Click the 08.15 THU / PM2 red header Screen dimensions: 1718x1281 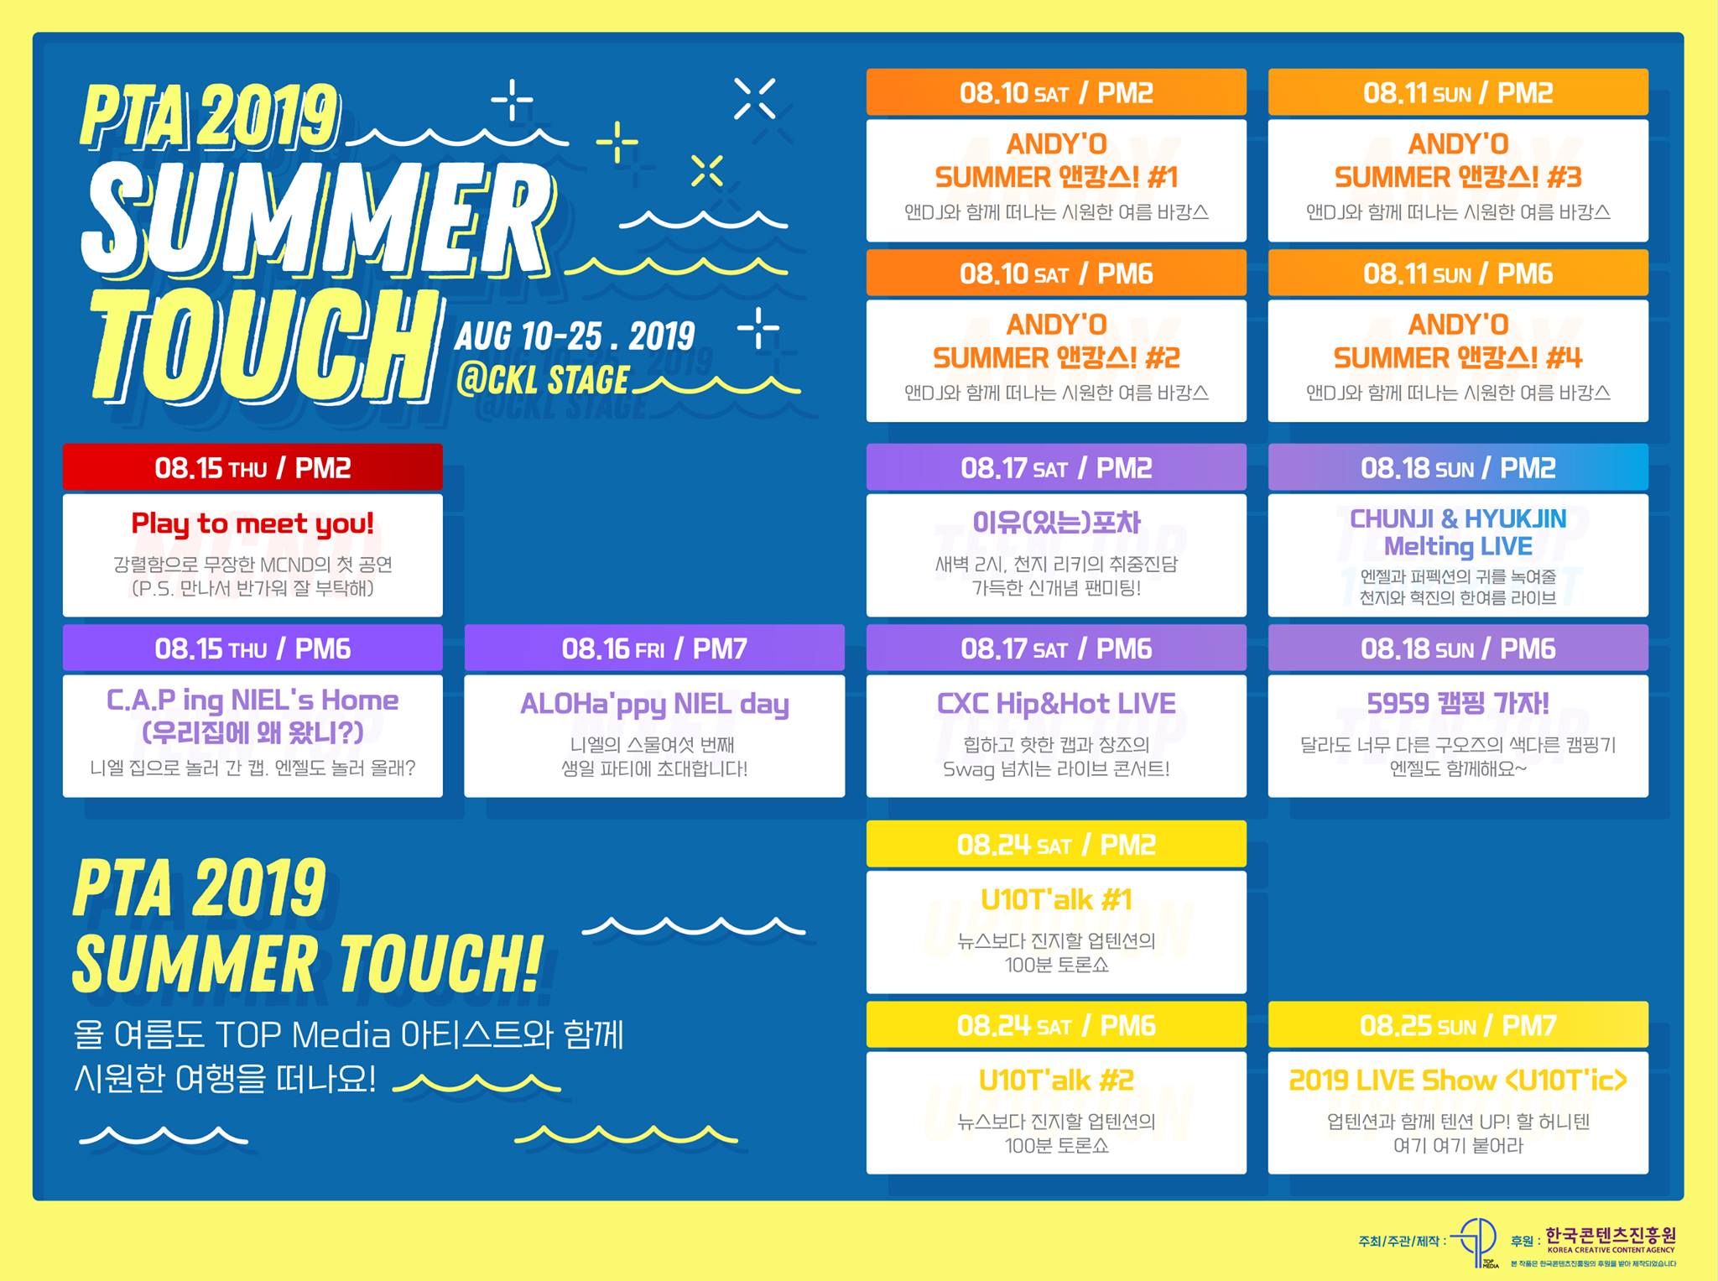[x=252, y=466]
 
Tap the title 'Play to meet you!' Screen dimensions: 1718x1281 [x=252, y=524]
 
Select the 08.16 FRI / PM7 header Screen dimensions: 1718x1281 [x=654, y=648]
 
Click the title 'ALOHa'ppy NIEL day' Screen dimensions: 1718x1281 [x=654, y=705]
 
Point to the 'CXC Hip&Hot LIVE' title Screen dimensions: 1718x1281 [x=1056, y=704]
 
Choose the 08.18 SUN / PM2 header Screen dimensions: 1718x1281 [x=1458, y=466]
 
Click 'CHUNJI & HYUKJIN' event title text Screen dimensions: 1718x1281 [x=1458, y=518]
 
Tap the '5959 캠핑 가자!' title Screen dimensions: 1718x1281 [x=1458, y=703]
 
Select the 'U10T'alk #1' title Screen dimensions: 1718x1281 [x=1056, y=900]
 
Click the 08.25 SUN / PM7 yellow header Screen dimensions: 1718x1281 [x=1458, y=1024]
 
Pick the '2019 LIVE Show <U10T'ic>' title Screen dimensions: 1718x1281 [x=1458, y=1081]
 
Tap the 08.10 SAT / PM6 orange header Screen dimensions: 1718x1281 [x=1056, y=273]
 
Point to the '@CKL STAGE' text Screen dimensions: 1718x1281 [x=543, y=380]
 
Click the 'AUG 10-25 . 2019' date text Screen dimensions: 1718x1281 [x=575, y=336]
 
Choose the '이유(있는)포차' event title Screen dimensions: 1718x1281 [x=1056, y=523]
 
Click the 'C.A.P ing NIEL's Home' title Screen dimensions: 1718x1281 [x=252, y=700]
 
